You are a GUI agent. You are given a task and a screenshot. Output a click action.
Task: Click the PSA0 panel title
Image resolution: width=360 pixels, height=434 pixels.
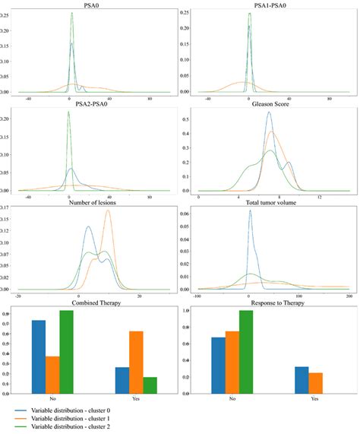(90, 5)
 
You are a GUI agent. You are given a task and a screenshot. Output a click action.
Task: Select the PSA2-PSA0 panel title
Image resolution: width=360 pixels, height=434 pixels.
(90, 104)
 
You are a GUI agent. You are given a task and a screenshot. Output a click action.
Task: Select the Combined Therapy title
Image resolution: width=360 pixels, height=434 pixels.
(90, 305)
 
